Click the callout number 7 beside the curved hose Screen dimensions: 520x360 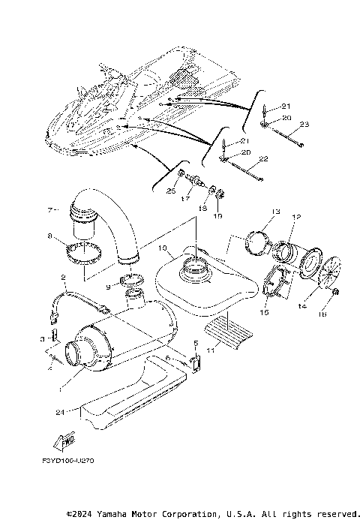(52, 209)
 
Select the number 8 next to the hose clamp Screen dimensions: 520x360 (49, 236)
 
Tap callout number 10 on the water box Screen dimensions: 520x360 (163, 247)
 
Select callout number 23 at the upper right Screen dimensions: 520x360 (304, 124)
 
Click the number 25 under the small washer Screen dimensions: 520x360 (171, 192)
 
